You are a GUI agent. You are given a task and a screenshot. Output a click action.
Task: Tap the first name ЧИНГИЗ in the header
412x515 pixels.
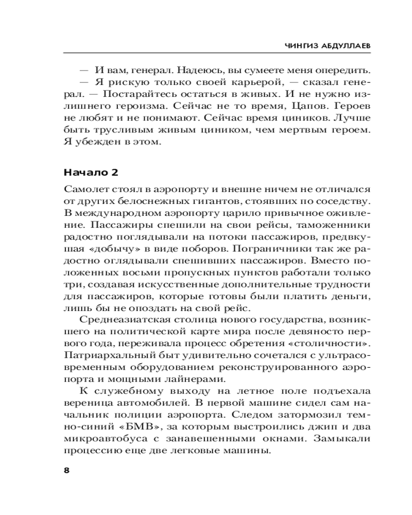click(x=301, y=46)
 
